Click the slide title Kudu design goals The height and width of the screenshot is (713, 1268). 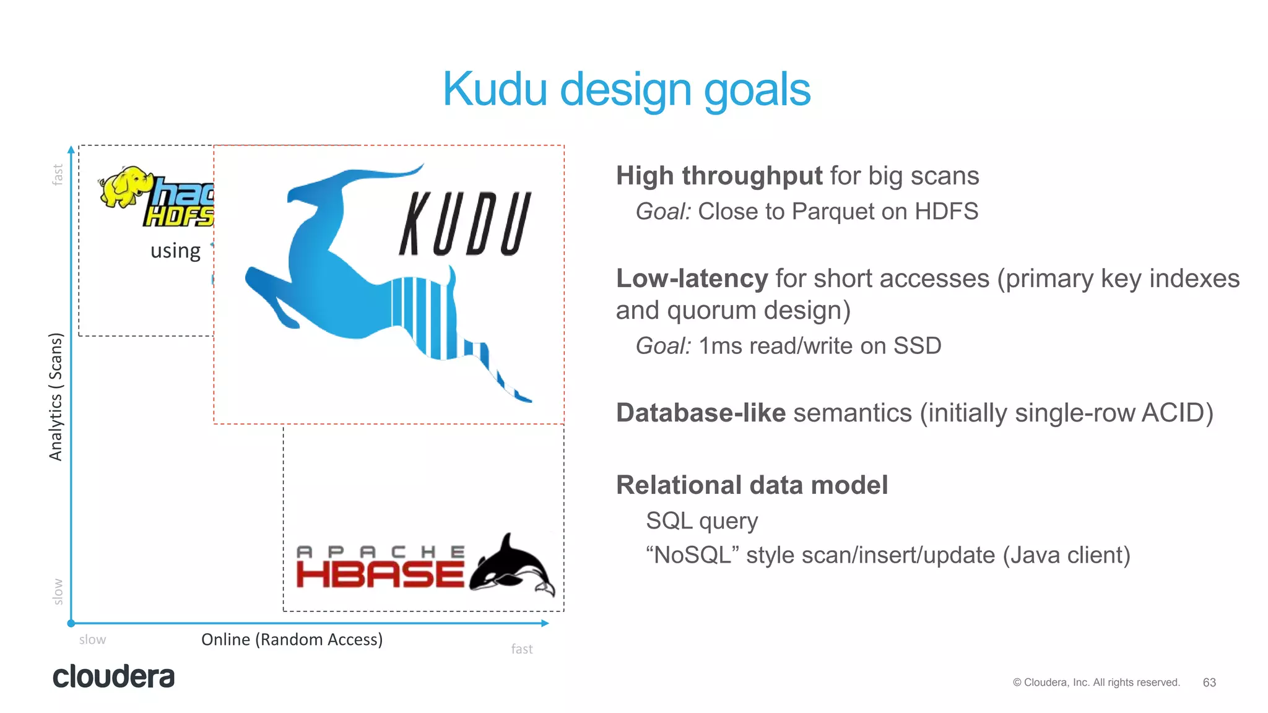pyautogui.click(x=626, y=90)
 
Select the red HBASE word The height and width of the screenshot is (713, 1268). pyautogui.click(x=380, y=574)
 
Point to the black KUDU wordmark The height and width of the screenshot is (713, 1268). pyautogui.click(x=464, y=224)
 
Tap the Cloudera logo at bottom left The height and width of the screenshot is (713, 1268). pyautogui.click(x=113, y=676)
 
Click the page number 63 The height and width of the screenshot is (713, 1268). pyautogui.click(x=1209, y=682)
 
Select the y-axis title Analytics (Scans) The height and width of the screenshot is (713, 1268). pyautogui.click(x=56, y=397)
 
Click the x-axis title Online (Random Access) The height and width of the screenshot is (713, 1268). pyautogui.click(x=292, y=639)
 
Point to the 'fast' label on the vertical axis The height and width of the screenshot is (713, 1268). pyautogui.click(x=58, y=175)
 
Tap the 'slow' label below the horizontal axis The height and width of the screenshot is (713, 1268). pyautogui.click(x=92, y=640)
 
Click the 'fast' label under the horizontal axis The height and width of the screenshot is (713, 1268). pyautogui.click(x=521, y=649)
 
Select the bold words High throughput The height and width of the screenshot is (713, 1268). pyautogui.click(x=719, y=176)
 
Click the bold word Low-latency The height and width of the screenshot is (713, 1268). pyautogui.click(x=692, y=279)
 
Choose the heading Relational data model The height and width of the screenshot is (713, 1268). pyautogui.click(x=752, y=485)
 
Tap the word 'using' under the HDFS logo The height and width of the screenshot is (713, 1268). pyautogui.click(x=175, y=251)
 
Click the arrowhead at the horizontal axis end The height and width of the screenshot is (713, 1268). pyautogui.click(x=545, y=623)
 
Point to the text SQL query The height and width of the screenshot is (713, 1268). pyautogui.click(x=701, y=521)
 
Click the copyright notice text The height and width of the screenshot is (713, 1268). pyautogui.click(x=1096, y=682)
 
